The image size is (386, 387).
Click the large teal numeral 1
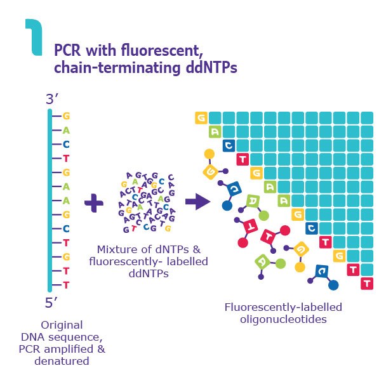pyautogui.click(x=34, y=35)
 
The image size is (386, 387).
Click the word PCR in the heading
pyautogui.click(x=68, y=51)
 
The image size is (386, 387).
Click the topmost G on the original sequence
pyautogui.click(x=65, y=117)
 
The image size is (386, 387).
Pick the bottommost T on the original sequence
pyautogui.click(x=65, y=285)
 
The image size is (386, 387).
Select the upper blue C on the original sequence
pyautogui.click(x=65, y=145)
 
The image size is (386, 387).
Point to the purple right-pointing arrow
pyautogui.click(x=197, y=202)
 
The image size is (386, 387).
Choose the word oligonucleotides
pyautogui.click(x=274, y=319)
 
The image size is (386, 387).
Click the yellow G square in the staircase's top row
pyautogui.click(x=201, y=118)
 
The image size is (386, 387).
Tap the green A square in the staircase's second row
pyautogui.click(x=215, y=132)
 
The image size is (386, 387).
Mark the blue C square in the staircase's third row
pyautogui.click(x=229, y=145)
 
